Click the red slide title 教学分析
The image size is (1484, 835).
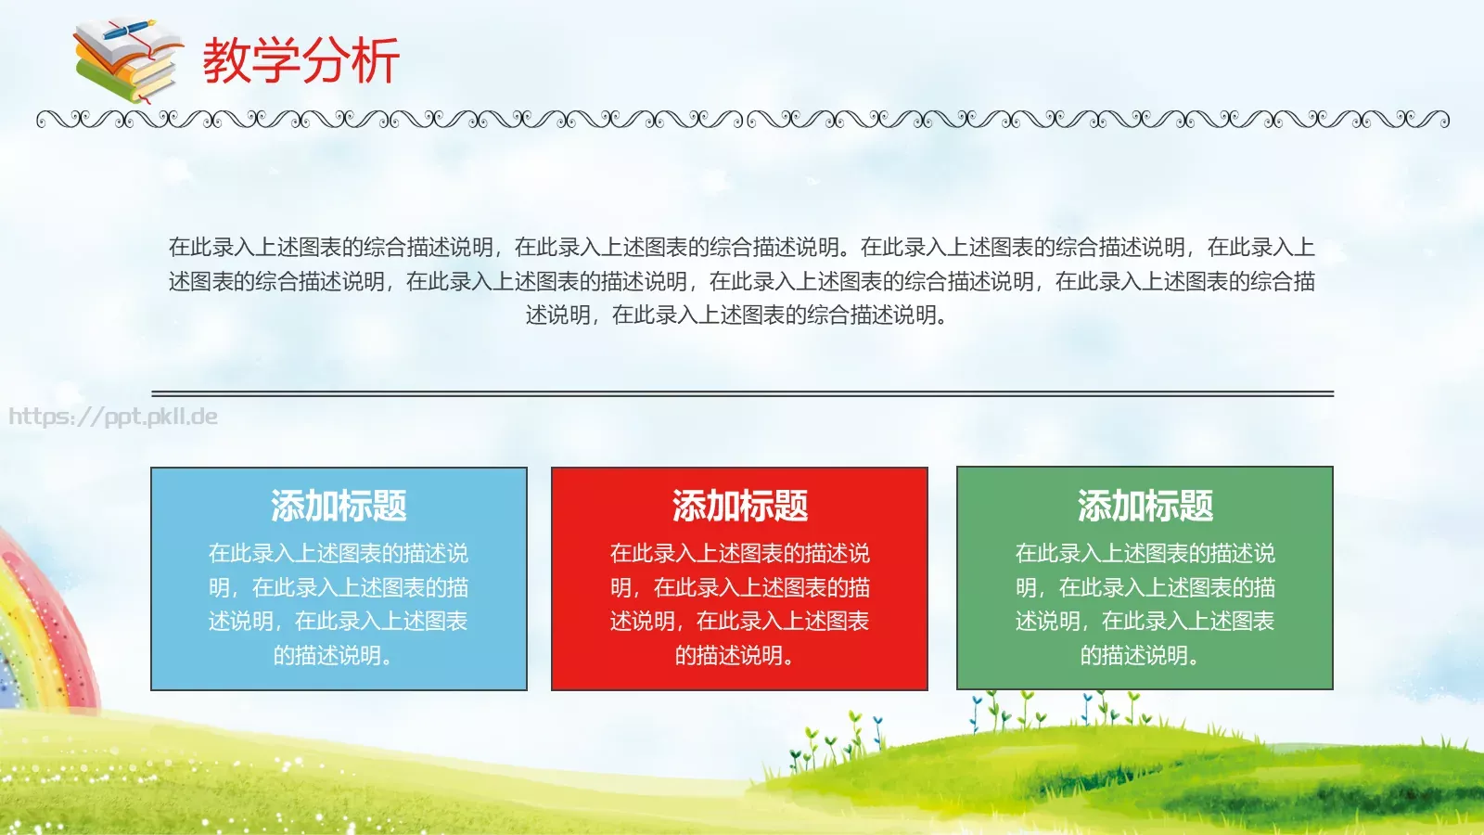click(x=301, y=61)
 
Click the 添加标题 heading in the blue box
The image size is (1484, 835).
click(x=339, y=506)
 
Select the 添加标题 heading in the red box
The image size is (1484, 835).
click(x=739, y=506)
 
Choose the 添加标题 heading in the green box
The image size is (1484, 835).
click(x=1145, y=506)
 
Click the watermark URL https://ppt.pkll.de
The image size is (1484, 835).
click(x=113, y=417)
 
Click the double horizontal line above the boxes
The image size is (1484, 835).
click(x=742, y=393)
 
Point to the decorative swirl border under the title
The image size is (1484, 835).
click(x=742, y=119)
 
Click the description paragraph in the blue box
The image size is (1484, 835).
click(x=339, y=604)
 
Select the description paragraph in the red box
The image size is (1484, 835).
click(x=739, y=604)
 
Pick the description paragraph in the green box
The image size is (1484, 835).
click(x=1145, y=604)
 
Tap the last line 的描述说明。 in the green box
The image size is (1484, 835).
click(x=1140, y=655)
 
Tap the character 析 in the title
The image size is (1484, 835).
click(x=376, y=61)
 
